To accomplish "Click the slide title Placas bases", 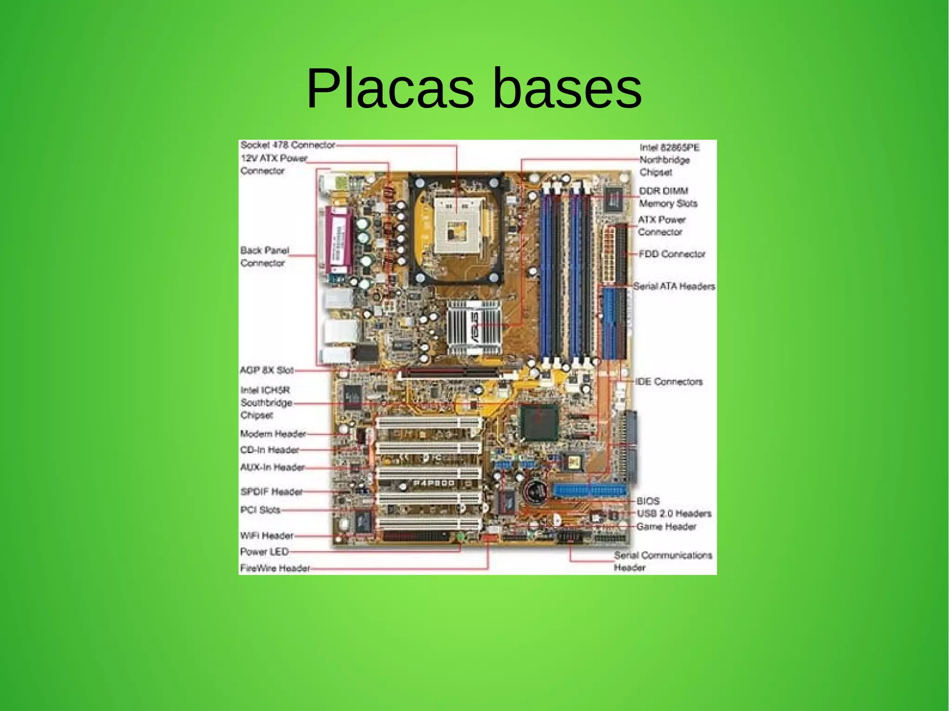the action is pos(474,88).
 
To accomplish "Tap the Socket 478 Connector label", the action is pos(287,145).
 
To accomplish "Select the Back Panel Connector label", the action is pos(264,257).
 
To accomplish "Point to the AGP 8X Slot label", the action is pos(266,370).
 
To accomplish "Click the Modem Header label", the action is pos(273,434).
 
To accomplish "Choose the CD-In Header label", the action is pos(269,450).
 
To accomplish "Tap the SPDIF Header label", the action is pos(271,491).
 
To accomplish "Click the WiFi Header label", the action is pos(266,536).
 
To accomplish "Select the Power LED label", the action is pos(264,552).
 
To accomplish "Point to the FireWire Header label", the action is pos(275,568).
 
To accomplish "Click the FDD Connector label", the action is pos(671,254).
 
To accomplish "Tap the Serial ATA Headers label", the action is pos(674,286).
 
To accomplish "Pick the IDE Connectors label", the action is pos(669,382).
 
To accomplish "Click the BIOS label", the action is pos(648,501).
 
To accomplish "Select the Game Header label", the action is pos(666,527).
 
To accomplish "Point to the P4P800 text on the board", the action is pos(434,483).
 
